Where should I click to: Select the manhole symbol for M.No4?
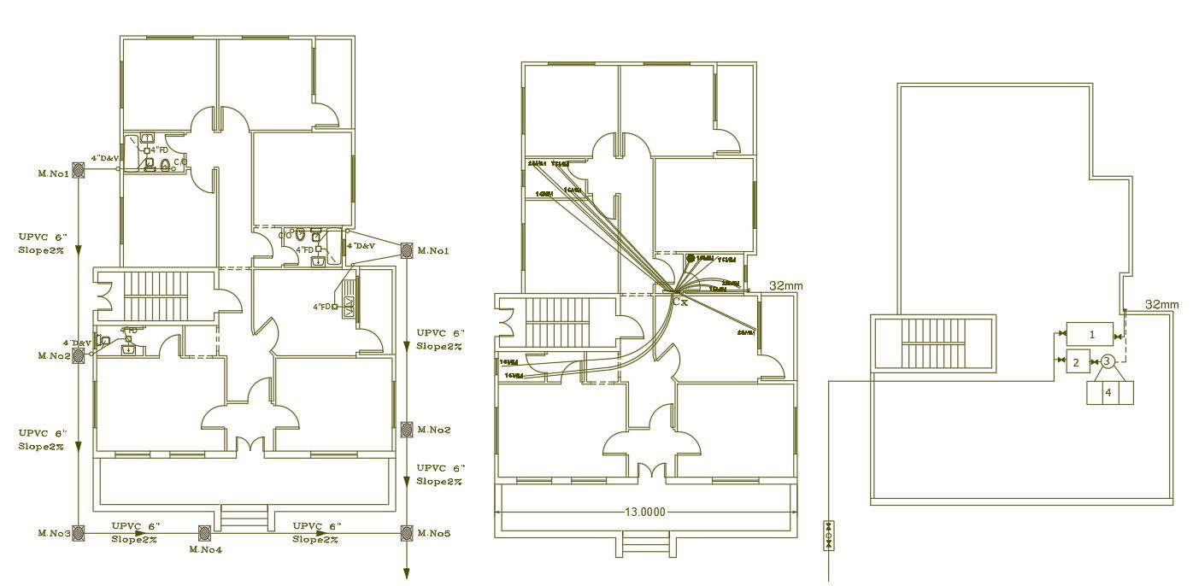(x=205, y=534)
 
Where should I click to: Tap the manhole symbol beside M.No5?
(x=407, y=534)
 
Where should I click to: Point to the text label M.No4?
(x=205, y=549)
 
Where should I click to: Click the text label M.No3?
(x=54, y=533)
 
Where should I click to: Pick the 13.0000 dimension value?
(x=645, y=512)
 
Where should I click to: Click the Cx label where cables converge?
(x=679, y=302)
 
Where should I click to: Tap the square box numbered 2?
(x=1077, y=362)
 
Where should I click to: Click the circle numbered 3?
(x=1107, y=362)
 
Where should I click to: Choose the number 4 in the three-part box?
(x=1108, y=393)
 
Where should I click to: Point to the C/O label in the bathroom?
(x=180, y=161)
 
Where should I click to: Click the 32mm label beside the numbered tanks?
(x=1161, y=304)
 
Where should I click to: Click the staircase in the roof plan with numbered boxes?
(x=932, y=343)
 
